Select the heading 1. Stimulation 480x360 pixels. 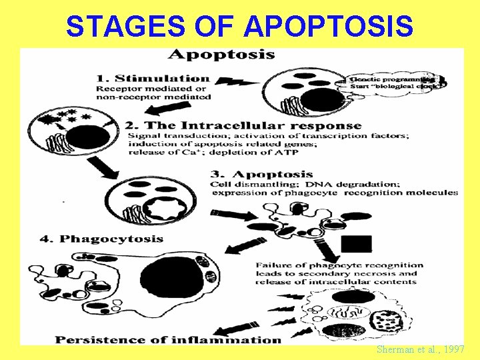(x=153, y=78)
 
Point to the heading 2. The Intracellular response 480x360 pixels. (x=243, y=125)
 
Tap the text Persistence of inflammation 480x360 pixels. (x=168, y=339)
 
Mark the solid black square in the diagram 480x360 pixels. (x=356, y=245)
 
